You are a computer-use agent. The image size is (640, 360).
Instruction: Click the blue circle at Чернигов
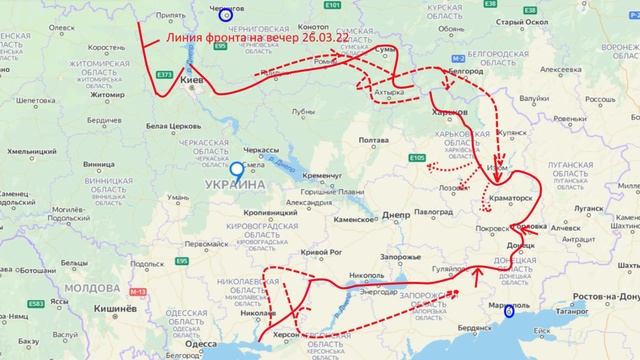point(226,14)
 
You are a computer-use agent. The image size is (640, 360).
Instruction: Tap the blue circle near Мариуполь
point(511,311)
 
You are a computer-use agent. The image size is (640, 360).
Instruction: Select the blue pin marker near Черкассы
point(237,171)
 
